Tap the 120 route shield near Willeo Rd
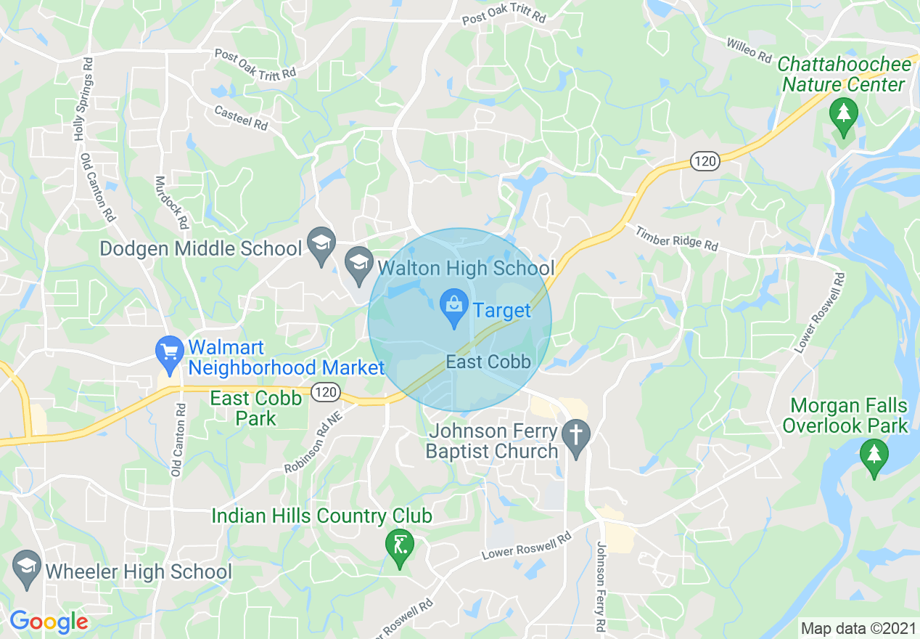tap(704, 162)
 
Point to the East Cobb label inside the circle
tap(488, 362)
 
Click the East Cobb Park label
tap(255, 408)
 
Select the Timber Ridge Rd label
tap(676, 239)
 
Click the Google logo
tap(49, 622)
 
